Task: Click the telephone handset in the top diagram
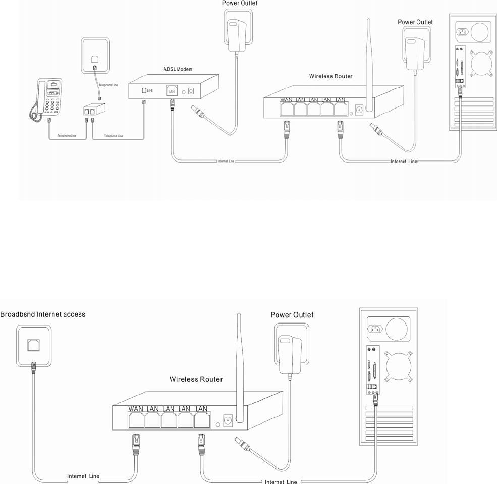(35, 101)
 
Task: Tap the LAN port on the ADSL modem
(172, 91)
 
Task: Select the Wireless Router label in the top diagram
(330, 77)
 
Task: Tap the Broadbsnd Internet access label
(43, 314)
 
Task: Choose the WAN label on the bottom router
(136, 408)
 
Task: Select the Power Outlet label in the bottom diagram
(292, 315)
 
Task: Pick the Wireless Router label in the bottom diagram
(196, 378)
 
